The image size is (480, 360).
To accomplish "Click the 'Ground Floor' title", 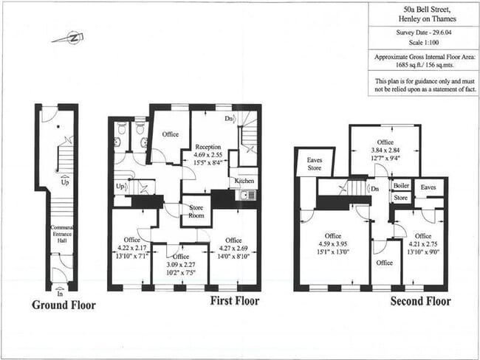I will coord(64,304).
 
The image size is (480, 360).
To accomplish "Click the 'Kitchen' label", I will coord(245,181).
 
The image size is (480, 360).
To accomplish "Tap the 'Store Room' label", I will coord(196,211).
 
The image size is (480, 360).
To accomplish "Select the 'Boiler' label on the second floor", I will coord(401,186).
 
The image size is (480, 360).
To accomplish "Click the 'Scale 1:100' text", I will coord(422,43).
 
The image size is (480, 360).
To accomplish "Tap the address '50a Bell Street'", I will coord(422,9).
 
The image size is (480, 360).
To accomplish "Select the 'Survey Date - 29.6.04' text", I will coord(422,32).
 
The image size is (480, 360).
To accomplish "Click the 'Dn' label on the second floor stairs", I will coord(374,189).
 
